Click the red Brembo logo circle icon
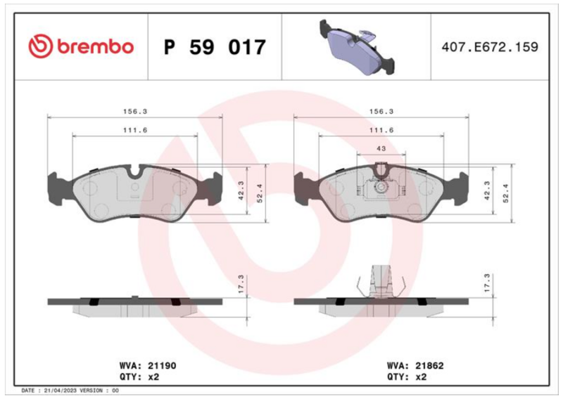(41, 46)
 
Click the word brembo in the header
(95, 46)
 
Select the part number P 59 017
(215, 47)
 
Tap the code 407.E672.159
(490, 46)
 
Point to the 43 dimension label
(381, 148)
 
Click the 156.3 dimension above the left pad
(135, 112)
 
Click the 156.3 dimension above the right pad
(381, 112)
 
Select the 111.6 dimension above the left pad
(135, 130)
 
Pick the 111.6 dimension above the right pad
(381, 130)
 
